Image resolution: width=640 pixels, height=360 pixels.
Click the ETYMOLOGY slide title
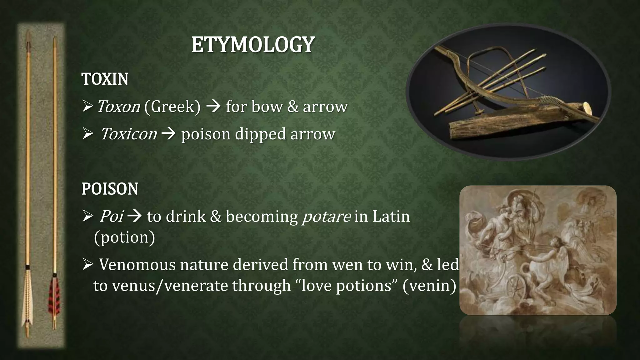(253, 45)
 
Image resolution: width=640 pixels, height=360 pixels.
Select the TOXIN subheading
(105, 79)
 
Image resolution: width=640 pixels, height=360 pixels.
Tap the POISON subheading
(110, 189)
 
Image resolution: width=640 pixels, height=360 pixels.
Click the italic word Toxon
(118, 107)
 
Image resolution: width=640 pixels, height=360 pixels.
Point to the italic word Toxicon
(128, 134)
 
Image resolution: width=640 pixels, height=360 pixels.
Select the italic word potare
(326, 217)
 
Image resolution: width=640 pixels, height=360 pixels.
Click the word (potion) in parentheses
(124, 237)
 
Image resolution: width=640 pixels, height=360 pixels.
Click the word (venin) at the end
(429, 285)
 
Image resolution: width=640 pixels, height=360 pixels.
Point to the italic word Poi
(111, 217)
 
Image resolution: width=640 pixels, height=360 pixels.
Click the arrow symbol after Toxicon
(169, 134)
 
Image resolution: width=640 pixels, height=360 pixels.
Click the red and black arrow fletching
(53, 295)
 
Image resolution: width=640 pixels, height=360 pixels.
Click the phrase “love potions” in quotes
(346, 285)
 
